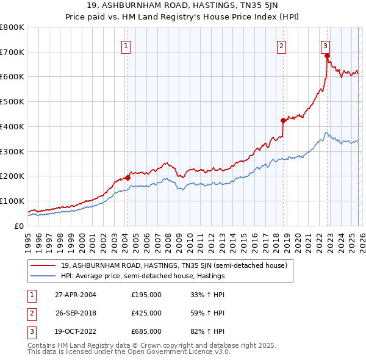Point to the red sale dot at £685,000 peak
coord(328,56)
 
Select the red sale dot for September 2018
coord(283,120)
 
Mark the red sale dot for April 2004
coord(127,178)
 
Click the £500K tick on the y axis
coord(12,102)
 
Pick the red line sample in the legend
coord(43,265)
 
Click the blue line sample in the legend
coord(43,276)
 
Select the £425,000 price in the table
coord(146,313)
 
